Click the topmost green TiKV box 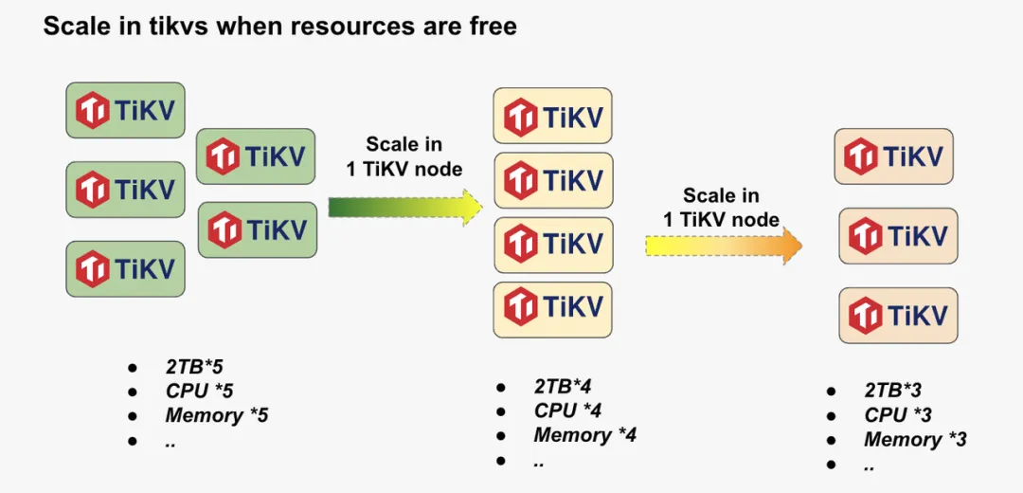[x=125, y=111]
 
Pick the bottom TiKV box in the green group [x=125, y=268]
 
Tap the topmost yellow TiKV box [x=553, y=117]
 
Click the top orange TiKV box [x=893, y=156]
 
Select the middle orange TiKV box [x=898, y=236]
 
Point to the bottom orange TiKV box [x=898, y=315]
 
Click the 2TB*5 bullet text [x=194, y=367]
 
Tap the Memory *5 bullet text [x=217, y=415]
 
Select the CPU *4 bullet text [x=567, y=411]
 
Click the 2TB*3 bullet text [x=893, y=391]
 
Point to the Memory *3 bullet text [x=915, y=439]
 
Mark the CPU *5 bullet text [x=199, y=391]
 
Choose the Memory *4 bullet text [x=584, y=435]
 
